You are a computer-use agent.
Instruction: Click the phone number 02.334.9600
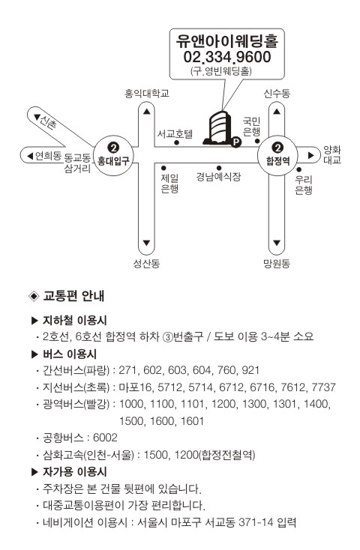click(227, 57)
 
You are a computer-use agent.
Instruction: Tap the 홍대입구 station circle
click(113, 154)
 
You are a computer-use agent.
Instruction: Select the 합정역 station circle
click(277, 154)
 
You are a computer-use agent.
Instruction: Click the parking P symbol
click(235, 142)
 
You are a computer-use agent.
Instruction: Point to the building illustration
click(218, 128)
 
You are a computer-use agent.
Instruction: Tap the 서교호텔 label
click(175, 133)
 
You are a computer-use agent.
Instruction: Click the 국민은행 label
click(251, 127)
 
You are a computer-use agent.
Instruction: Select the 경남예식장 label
click(218, 176)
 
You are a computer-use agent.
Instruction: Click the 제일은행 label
click(169, 184)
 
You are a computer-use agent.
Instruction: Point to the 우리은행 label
click(304, 185)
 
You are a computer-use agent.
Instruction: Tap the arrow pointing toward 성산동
click(146, 243)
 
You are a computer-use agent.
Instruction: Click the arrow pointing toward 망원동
click(277, 243)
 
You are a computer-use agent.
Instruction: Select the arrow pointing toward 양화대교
click(310, 155)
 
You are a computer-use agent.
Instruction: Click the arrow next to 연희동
click(30, 155)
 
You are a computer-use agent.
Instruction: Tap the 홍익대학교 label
click(147, 94)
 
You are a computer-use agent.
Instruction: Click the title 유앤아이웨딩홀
click(227, 41)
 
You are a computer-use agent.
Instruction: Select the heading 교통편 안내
click(73, 296)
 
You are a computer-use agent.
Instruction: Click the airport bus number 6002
click(105, 438)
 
